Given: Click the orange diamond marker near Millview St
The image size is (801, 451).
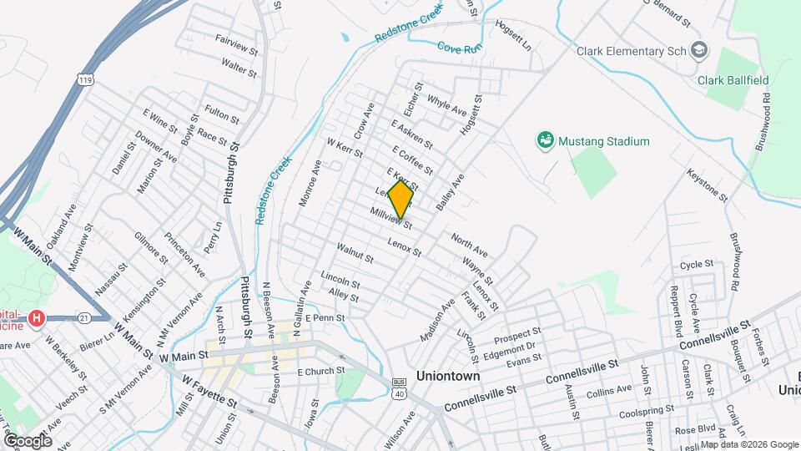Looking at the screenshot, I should pos(401,199).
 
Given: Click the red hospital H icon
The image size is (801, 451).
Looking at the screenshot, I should pos(36,318).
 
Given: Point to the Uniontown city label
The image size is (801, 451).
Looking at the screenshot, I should pos(448,377).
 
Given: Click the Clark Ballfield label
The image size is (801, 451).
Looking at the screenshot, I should pos(732,81).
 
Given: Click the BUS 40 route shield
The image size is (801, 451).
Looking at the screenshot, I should pos(399,389).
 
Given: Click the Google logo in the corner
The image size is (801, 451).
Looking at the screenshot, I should pos(28,440).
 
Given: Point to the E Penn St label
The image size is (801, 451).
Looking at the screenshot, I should pos(325,318).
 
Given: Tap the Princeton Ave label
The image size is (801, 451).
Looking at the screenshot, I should pos(184,255).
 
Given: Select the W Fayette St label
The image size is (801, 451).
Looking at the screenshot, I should pos(210,391).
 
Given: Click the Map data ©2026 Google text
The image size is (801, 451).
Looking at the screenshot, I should pos(748,443).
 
